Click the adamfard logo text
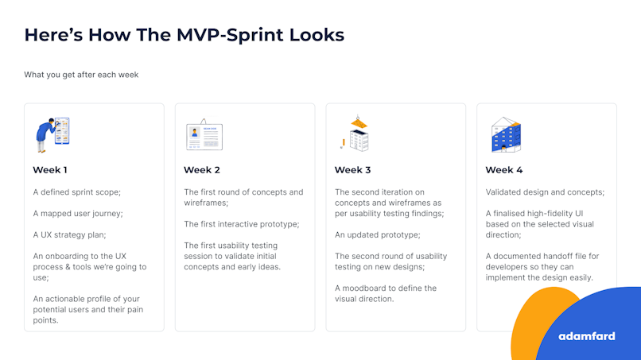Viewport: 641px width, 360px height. [x=587, y=336]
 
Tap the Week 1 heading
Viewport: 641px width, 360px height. [x=50, y=170]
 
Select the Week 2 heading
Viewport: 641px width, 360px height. [x=202, y=170]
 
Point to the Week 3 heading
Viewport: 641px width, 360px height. [x=353, y=170]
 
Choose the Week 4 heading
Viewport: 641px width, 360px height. [x=504, y=170]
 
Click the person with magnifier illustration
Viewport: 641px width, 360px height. [x=52, y=135]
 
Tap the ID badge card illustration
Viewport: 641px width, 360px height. [x=204, y=135]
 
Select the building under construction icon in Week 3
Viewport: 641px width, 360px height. [x=355, y=134]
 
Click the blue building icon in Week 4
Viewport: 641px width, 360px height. [x=506, y=135]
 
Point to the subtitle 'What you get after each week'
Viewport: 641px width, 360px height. [x=81, y=75]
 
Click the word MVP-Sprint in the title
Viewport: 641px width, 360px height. [x=230, y=35]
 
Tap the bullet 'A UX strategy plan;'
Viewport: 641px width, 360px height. [x=69, y=235]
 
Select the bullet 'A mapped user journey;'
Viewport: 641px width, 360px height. [x=78, y=214]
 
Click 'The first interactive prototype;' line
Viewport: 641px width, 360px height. [x=242, y=224]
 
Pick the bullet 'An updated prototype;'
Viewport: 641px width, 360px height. [x=377, y=235]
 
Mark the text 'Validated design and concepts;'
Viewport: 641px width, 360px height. [x=545, y=192]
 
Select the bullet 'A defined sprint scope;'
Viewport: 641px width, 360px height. [x=77, y=192]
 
